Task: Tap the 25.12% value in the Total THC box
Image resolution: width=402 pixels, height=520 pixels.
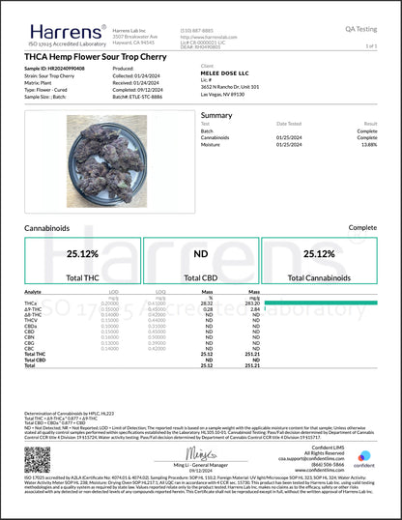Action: [85, 253]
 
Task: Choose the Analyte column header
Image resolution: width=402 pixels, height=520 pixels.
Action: [34, 291]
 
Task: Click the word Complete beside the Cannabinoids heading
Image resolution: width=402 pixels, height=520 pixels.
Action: [361, 228]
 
